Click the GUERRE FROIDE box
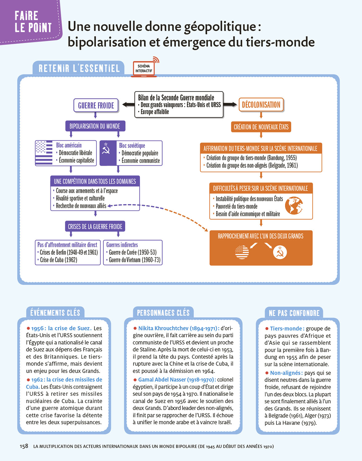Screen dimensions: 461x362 [x=96, y=105]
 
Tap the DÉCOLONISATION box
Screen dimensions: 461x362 [x=261, y=105]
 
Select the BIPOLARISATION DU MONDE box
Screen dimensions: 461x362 [x=95, y=126]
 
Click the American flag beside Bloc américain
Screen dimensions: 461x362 [x=44, y=153]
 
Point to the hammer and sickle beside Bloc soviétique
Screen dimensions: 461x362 [x=106, y=149]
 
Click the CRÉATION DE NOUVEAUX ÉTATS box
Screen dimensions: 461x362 [x=261, y=127]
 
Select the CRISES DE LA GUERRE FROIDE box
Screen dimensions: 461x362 [x=95, y=227]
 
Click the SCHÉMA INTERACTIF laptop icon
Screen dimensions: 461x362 [x=144, y=69]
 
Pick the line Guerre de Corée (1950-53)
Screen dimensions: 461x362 [x=133, y=252]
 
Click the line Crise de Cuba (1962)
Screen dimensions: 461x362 [x=58, y=260]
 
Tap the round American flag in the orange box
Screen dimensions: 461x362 [x=242, y=252]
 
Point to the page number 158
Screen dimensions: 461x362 [x=24, y=446]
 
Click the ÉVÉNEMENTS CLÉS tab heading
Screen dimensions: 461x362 [x=55, y=313]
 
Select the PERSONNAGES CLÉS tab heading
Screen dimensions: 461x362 [x=163, y=313]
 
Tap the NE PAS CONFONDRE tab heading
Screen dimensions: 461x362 [x=294, y=313]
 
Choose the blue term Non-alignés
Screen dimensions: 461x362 [x=286, y=373]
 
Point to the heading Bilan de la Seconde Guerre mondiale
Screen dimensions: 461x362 [x=176, y=98]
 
